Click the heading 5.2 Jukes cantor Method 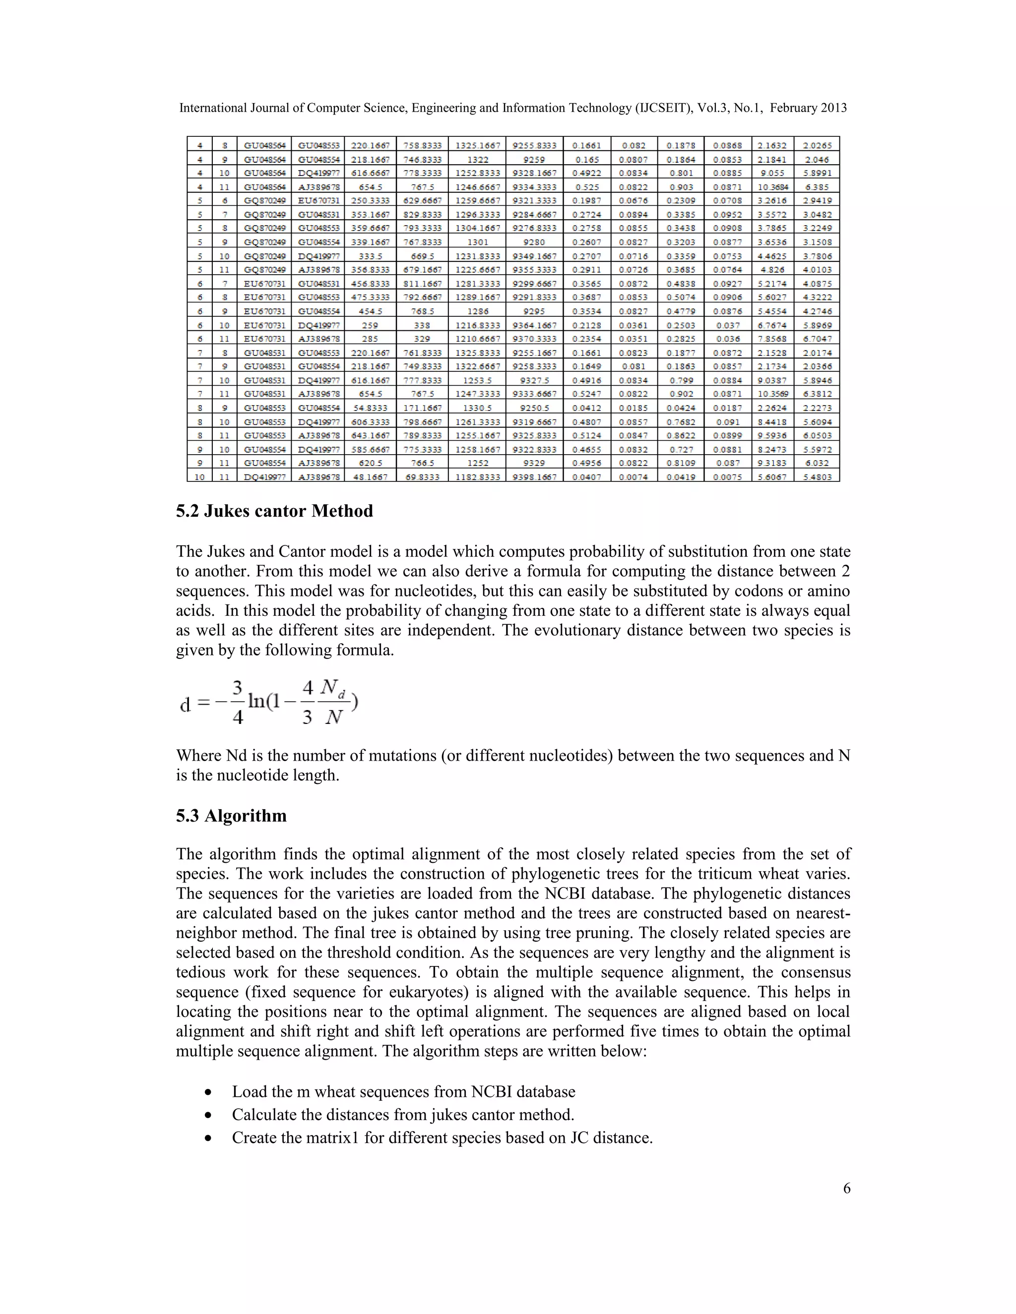(274, 511)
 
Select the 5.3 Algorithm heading (231, 816)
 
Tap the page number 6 (846, 1188)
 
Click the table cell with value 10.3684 (772, 187)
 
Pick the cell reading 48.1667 (370, 477)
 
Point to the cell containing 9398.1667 (534, 477)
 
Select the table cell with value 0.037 (727, 325)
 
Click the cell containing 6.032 (817, 463)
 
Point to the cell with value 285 (370, 339)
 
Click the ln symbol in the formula (256, 702)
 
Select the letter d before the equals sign (186, 705)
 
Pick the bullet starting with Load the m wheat (403, 1092)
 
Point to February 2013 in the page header (808, 108)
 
